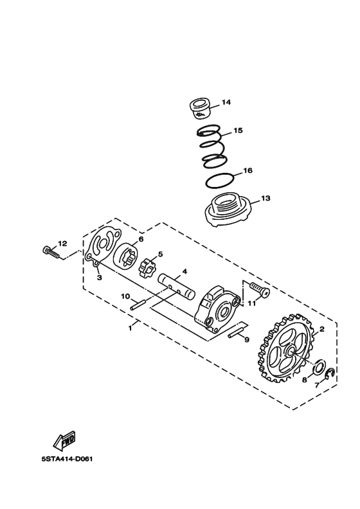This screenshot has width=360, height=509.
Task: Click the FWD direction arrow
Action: [64, 441]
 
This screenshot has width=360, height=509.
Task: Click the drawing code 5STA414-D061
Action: [67, 460]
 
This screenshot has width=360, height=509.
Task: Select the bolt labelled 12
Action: [50, 252]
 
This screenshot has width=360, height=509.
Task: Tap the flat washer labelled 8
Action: [318, 366]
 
